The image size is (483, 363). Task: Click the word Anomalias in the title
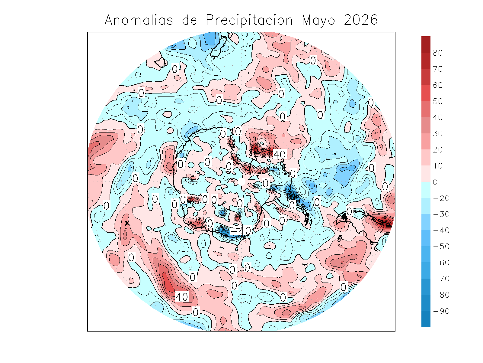[139, 20]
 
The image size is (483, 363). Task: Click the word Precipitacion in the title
[249, 20]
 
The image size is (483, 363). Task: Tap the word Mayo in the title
[318, 20]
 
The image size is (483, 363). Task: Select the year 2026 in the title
[361, 20]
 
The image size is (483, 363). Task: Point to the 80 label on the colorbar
[438, 53]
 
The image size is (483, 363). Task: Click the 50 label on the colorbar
[438, 101]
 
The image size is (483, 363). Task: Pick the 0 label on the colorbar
[435, 182]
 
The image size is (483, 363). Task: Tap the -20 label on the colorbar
[441, 198]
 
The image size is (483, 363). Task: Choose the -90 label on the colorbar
[441, 311]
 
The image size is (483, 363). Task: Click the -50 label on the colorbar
[441, 247]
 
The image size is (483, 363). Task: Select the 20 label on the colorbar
[438, 150]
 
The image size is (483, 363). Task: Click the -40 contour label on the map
[241, 231]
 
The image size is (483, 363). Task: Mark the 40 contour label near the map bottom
[182, 297]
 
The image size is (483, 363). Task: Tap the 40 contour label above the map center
[279, 155]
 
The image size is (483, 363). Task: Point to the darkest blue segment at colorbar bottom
[426, 323]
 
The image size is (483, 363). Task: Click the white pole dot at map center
[241, 181]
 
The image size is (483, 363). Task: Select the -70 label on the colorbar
[441, 279]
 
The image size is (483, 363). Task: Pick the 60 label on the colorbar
[438, 85]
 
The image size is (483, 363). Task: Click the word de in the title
[190, 20]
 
